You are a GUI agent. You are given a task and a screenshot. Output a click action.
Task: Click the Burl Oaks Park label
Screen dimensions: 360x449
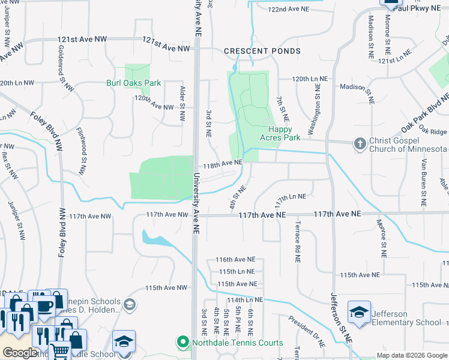[x=133, y=83]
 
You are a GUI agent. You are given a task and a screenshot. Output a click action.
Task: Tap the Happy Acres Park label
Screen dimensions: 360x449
[x=279, y=133]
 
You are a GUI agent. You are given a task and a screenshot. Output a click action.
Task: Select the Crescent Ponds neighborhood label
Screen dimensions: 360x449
[x=262, y=52]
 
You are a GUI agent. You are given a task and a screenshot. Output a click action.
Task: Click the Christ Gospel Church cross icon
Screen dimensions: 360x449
[x=360, y=143]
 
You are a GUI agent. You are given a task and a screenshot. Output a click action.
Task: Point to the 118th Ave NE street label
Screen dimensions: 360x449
[x=222, y=163]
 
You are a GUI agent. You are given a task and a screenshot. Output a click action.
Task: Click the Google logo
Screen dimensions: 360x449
[x=20, y=353]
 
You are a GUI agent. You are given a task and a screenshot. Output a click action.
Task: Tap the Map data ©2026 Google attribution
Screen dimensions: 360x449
[x=412, y=355]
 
